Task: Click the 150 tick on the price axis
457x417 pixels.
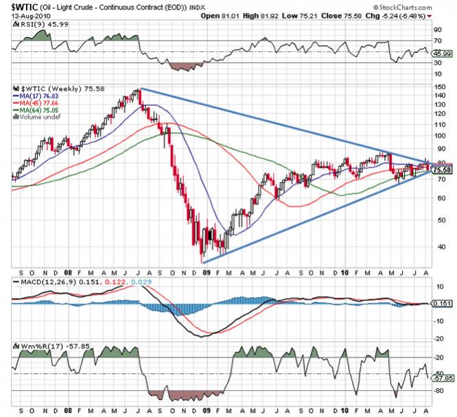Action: click(x=441, y=88)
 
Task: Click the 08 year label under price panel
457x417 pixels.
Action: click(x=67, y=270)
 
